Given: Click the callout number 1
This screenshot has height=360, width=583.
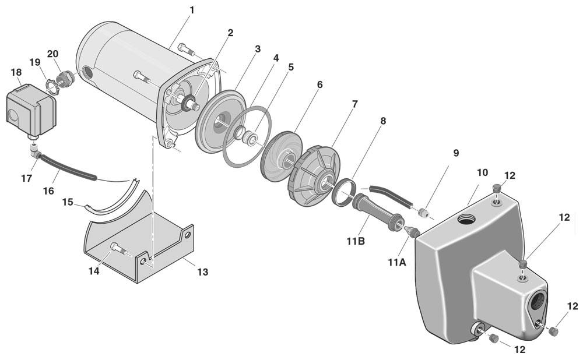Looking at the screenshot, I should pos(191,10).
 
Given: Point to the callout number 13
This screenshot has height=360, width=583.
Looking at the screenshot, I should pos(202,271).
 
